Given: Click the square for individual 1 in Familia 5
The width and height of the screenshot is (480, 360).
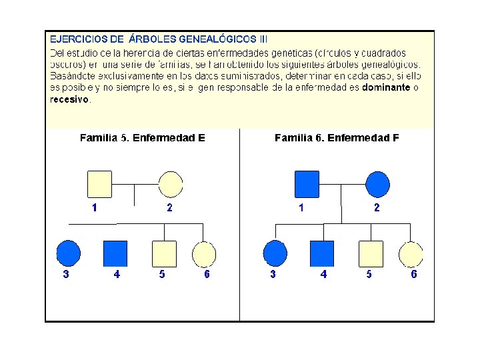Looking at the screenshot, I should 100,184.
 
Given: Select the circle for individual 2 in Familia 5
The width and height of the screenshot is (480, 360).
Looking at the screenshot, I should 170,184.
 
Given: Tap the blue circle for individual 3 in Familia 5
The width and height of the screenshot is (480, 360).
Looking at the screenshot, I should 67,253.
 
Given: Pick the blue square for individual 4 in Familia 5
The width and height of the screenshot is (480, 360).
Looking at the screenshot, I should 115,253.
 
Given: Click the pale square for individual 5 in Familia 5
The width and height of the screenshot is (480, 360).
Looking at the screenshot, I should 164,253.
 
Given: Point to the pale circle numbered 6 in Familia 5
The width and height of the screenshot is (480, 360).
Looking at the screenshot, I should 204,253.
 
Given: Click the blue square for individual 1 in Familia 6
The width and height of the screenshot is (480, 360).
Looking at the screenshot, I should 307,184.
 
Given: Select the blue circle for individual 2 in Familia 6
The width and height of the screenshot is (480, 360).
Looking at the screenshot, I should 377,184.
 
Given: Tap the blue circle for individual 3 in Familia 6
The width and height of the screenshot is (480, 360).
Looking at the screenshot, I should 275,253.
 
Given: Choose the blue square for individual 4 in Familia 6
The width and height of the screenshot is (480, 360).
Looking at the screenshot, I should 322,253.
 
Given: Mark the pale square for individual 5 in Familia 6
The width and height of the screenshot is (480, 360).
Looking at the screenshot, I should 371,253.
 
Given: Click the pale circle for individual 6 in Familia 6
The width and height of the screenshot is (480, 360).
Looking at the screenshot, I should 411,253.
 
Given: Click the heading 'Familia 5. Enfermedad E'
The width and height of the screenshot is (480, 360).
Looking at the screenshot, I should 142,138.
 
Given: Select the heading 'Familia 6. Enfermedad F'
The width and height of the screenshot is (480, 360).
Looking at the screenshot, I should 337,138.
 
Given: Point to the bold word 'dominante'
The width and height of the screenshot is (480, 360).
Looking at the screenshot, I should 386,87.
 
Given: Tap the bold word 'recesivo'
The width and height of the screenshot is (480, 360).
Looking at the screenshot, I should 69,99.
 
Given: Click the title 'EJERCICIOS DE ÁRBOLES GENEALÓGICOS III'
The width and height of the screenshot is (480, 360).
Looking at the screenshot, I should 159,39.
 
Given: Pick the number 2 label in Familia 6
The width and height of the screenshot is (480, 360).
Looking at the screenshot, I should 377,207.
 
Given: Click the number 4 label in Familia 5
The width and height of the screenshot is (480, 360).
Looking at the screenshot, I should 117,274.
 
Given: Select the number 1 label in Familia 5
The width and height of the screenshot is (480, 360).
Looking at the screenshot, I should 95,207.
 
